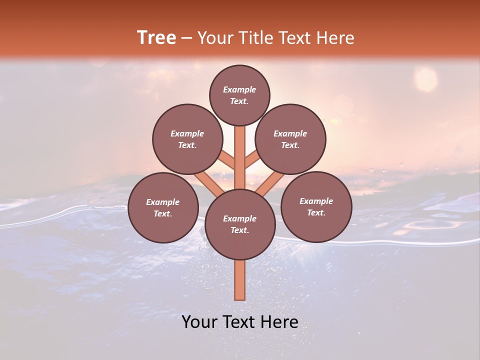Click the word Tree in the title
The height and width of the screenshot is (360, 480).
156,37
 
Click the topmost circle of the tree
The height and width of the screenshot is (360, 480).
239,95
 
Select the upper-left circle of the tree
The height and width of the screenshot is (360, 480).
187,139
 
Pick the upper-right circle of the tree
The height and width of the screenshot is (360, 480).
290,139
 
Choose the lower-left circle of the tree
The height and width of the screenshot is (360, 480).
163,207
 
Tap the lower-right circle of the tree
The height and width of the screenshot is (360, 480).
316,206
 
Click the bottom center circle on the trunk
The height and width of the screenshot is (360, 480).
240,224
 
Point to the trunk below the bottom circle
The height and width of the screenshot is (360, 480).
240,280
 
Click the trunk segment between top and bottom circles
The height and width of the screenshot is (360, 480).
240,157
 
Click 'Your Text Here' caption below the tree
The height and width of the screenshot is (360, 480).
240,322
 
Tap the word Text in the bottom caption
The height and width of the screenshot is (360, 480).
242,322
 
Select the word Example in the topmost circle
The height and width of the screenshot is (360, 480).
239,89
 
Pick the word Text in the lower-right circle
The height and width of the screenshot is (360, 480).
316,212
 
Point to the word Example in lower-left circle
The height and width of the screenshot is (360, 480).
162,202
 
